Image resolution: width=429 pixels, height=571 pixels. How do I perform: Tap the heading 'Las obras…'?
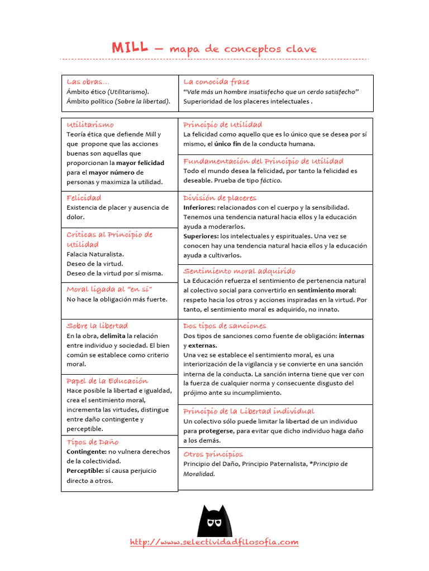(88, 82)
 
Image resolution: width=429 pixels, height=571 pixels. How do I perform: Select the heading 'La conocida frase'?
(216, 82)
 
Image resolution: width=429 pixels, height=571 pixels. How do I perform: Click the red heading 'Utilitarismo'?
(90, 124)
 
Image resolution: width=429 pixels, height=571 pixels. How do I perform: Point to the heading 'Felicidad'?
(84, 198)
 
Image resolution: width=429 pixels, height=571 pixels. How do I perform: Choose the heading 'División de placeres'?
(220, 198)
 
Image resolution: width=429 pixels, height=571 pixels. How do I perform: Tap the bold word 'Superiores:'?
(201, 236)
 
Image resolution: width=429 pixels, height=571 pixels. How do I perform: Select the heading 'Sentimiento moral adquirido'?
(239, 271)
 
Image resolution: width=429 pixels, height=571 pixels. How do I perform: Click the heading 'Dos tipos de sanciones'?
(225, 326)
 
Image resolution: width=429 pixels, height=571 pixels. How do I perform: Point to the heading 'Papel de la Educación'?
(107, 381)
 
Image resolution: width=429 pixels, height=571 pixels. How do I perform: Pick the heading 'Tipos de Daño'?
(92, 442)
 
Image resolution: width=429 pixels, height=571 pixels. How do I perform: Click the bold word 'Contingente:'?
(87, 452)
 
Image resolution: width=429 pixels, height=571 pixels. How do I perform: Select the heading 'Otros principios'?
(213, 454)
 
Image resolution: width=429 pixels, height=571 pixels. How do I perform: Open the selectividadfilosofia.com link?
(214, 542)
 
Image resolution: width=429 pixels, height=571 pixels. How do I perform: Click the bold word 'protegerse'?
(217, 431)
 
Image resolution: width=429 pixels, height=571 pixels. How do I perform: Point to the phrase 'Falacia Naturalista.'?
(95, 254)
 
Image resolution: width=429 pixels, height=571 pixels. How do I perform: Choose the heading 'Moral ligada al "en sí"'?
(109, 289)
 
